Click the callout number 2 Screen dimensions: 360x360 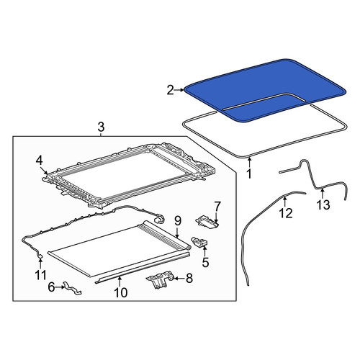(170, 91)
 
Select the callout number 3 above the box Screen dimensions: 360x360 (101, 127)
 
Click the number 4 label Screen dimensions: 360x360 (39, 161)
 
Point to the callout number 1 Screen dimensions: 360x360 (249, 174)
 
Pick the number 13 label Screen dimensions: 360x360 (323, 204)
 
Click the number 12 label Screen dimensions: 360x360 (286, 213)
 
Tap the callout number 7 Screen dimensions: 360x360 (217, 206)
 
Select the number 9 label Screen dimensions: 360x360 (178, 221)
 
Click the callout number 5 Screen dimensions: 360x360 (206, 262)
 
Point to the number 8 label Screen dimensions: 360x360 (189, 279)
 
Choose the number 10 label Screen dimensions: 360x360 (121, 292)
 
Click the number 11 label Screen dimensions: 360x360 (40, 275)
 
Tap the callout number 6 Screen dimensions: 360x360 (52, 287)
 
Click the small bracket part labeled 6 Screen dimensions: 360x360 (72, 288)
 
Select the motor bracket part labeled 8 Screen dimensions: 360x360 (159, 279)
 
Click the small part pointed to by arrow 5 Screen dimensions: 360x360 (199, 242)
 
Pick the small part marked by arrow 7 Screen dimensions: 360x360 (207, 221)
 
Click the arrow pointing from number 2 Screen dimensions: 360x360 (179, 90)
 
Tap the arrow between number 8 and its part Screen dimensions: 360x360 (179, 279)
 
